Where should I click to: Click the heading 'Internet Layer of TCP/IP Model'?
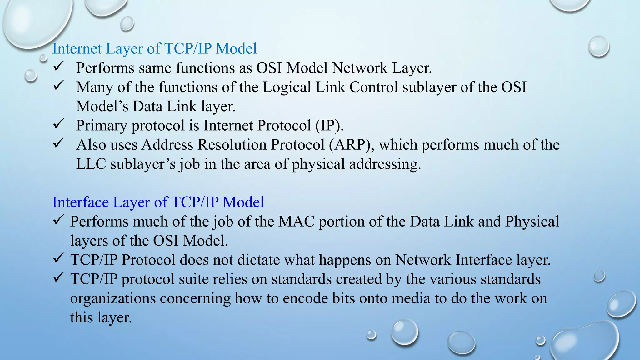pos(154,49)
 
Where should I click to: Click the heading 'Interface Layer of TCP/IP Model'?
pos(158,202)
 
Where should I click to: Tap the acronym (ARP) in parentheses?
pos(351,145)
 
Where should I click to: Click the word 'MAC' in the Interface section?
pos(296,222)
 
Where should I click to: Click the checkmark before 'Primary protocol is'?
pos(58,124)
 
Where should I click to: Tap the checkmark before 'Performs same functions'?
pos(58,66)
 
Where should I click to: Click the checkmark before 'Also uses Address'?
pos(58,143)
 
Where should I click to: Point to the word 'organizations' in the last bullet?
pos(112,298)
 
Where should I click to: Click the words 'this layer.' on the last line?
pos(101,317)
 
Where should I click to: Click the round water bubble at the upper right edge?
pos(598,47)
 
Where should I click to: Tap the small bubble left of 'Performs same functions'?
pos(31,75)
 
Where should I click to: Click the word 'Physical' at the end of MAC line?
pos(532,222)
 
